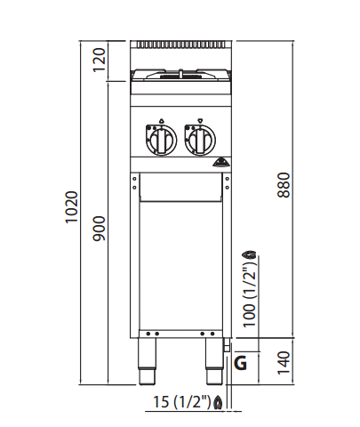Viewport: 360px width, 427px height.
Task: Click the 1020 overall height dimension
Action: coord(72,207)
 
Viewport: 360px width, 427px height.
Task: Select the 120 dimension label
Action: coord(100,60)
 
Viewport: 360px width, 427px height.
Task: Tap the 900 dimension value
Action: coord(100,229)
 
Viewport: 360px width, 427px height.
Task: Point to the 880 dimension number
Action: coord(284,185)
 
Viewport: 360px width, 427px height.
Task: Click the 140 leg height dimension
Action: coord(284,363)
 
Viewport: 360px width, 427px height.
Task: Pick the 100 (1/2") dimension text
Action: coord(249,294)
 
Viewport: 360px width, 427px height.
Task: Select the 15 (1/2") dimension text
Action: coord(182,402)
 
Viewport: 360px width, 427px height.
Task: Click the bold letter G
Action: coord(240,363)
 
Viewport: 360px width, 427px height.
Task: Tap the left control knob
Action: coord(161,140)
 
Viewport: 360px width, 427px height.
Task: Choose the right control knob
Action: coord(200,140)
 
